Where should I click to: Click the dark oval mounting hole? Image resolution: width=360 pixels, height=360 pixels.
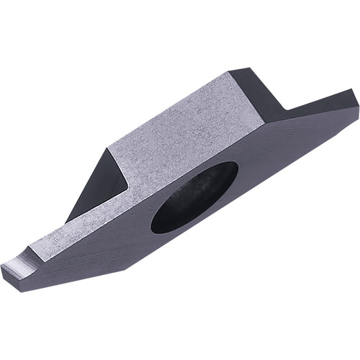[194, 197]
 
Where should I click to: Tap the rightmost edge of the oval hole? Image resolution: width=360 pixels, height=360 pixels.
[238, 173]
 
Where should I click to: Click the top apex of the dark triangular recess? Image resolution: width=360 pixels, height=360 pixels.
[109, 148]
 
